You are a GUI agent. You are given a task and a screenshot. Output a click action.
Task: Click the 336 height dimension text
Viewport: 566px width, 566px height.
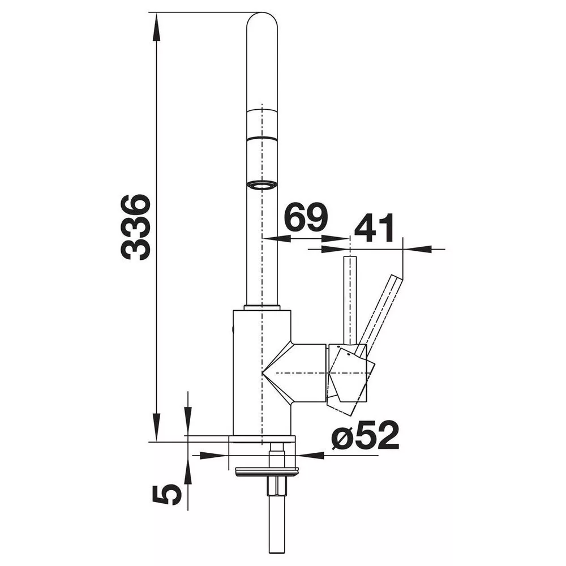coord(135,228)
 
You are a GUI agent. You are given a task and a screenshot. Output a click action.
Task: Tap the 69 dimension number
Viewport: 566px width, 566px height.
coord(306,217)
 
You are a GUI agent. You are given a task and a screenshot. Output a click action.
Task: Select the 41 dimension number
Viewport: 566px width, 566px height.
coord(374,228)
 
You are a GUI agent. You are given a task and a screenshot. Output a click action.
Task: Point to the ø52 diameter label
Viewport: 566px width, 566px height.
coord(365,435)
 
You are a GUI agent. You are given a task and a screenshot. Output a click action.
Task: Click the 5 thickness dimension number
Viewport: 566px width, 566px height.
coord(166,495)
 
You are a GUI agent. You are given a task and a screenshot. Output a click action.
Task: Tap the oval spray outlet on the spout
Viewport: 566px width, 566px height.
coord(261,186)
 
